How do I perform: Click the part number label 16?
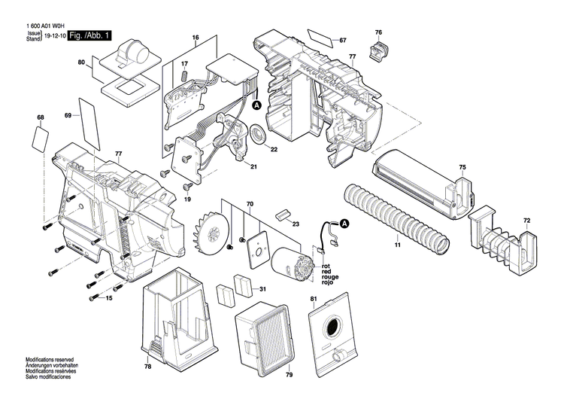point(195,38)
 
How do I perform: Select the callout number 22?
point(274,149)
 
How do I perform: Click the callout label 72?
point(526,221)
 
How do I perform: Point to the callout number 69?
point(68,115)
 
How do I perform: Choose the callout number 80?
point(81,64)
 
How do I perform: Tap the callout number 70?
point(250,203)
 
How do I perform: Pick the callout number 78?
point(148,366)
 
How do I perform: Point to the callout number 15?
point(108,299)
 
